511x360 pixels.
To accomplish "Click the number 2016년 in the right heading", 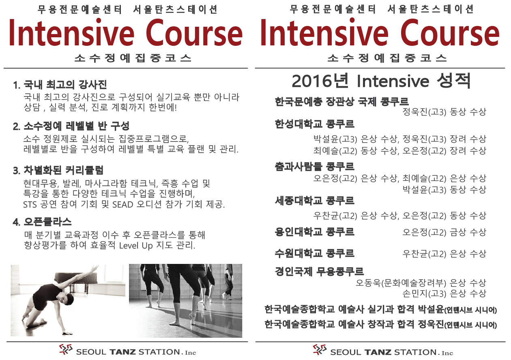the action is (320, 81).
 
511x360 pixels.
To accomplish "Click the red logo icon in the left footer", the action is (66, 349).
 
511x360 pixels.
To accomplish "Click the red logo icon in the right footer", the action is (320, 350).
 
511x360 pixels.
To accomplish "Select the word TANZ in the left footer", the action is (123, 352).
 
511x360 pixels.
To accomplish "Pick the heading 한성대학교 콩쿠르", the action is (315, 124).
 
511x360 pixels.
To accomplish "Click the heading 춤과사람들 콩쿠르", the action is (315, 167).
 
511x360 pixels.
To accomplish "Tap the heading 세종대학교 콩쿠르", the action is (315, 200).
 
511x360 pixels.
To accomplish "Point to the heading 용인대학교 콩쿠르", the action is (315, 231).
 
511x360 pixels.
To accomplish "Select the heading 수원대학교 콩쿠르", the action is (315, 253).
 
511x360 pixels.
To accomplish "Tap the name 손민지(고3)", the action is (424, 294).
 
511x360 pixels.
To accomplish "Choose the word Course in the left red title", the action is (194, 33).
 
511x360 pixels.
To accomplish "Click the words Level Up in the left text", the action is (136, 246).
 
